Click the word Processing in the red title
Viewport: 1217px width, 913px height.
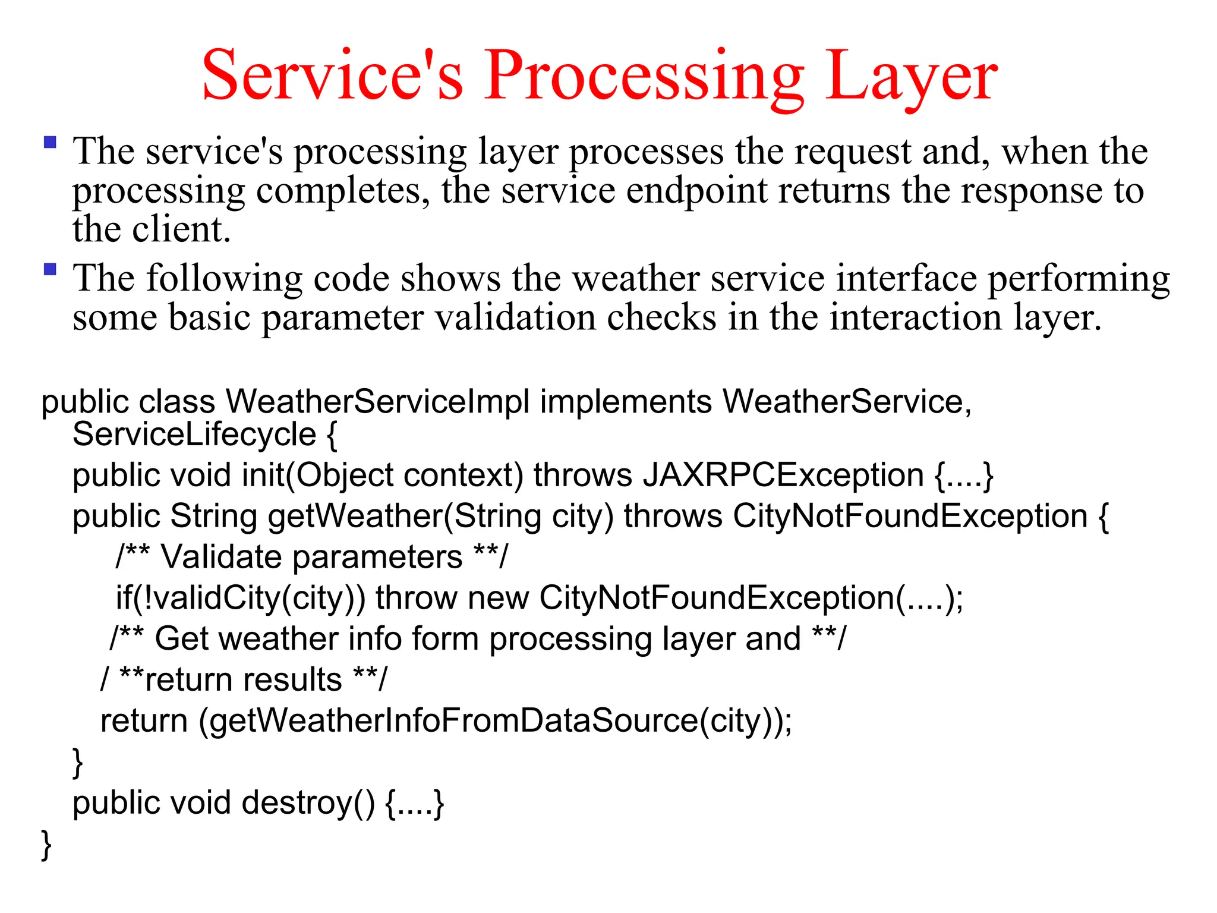(x=645, y=76)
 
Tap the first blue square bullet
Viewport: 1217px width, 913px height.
(x=51, y=143)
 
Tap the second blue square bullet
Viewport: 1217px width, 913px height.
(x=51, y=270)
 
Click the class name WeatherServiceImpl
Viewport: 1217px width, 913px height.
(x=377, y=402)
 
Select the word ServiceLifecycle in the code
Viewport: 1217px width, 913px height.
(x=194, y=435)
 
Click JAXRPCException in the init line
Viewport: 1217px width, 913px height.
(x=783, y=476)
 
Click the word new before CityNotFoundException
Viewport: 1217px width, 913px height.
(x=498, y=598)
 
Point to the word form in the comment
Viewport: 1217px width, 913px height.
(x=445, y=639)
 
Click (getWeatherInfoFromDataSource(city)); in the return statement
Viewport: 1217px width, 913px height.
(x=495, y=721)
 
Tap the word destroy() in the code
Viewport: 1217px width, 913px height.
(x=308, y=803)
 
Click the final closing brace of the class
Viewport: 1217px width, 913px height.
(x=46, y=845)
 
